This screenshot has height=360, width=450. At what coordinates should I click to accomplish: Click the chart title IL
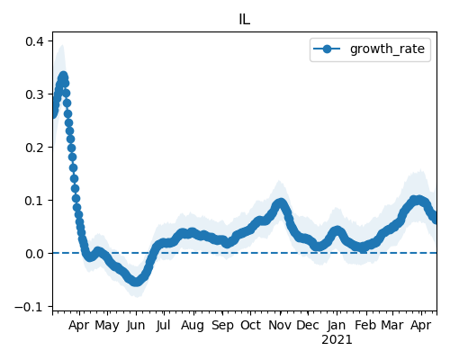point(245,20)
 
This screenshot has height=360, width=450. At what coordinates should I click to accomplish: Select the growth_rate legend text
point(387,49)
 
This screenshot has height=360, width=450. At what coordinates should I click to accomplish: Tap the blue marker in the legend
point(327,49)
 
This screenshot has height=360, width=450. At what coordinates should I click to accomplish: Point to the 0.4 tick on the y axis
point(35,41)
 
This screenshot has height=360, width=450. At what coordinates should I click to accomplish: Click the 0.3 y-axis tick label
point(35,94)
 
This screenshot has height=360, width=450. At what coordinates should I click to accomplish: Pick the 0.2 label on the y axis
point(35,148)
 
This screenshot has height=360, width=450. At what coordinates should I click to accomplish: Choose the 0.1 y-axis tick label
point(35,201)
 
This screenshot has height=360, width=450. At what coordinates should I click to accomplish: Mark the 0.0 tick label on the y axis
point(35,254)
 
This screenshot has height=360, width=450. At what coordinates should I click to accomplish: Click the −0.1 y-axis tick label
point(29,307)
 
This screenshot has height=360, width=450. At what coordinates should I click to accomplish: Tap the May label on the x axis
point(107,326)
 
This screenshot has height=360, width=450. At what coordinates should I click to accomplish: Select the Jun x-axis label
point(136,325)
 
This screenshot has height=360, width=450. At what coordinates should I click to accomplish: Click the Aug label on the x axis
point(193,326)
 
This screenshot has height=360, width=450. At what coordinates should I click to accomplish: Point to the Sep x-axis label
point(222,326)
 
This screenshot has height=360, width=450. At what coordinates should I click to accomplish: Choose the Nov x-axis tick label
point(280,325)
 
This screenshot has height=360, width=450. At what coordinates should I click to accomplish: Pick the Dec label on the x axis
point(308,325)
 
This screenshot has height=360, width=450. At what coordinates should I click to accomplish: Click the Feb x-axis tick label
point(365,325)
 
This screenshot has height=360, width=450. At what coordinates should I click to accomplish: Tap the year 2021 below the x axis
point(337,340)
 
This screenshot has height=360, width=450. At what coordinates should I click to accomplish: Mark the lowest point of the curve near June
point(136,282)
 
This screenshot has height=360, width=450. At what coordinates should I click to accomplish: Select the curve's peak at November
point(281,203)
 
